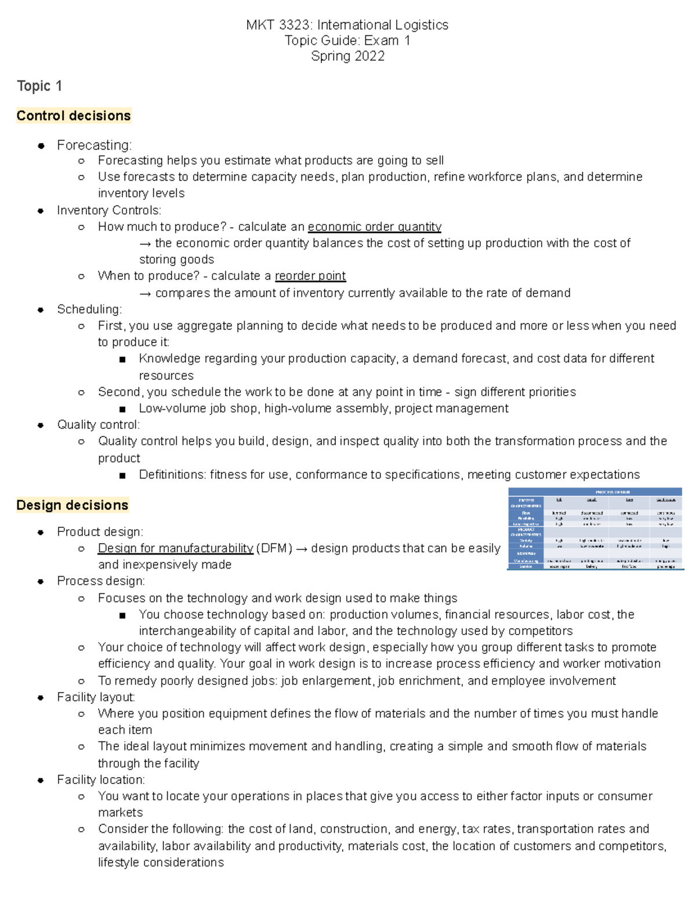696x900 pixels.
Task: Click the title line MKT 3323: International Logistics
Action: (x=347, y=25)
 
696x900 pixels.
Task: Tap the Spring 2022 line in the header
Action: (x=347, y=56)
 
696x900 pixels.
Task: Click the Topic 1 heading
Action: (x=39, y=86)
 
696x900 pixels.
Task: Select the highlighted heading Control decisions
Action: (x=74, y=116)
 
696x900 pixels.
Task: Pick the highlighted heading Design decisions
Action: (x=72, y=505)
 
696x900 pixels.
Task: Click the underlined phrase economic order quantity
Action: (x=374, y=227)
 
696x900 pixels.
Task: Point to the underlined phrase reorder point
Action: (x=310, y=276)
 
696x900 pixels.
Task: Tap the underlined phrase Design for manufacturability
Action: (x=175, y=548)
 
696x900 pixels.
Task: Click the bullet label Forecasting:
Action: (x=94, y=145)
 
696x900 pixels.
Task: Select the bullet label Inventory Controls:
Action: (x=109, y=210)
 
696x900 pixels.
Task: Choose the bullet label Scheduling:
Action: (x=89, y=309)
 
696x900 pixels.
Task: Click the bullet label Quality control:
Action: (x=98, y=425)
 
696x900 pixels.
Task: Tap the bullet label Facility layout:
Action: (x=96, y=697)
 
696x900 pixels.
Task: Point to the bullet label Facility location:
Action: (x=101, y=780)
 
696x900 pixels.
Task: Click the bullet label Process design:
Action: (x=101, y=581)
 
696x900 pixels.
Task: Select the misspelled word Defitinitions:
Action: (x=172, y=475)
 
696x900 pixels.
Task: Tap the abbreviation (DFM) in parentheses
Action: (x=274, y=548)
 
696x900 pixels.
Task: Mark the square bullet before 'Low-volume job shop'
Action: (x=122, y=409)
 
